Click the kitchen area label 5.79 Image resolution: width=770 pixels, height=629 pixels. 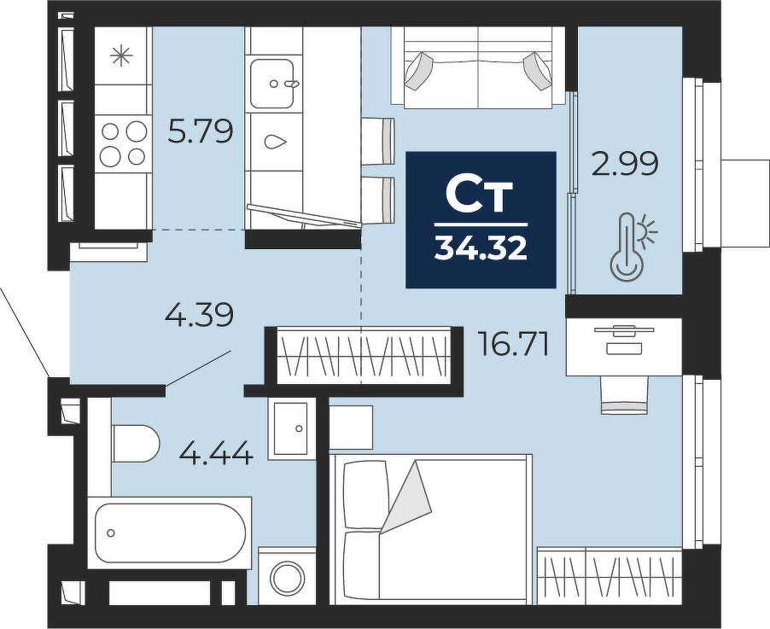click(200, 131)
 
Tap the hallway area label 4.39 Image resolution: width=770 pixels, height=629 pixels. click(199, 315)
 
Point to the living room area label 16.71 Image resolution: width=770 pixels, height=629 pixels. click(513, 344)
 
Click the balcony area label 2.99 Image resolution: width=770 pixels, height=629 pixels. click(625, 164)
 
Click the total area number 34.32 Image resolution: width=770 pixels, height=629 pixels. click(481, 248)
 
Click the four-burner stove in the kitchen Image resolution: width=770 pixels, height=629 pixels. click(122, 143)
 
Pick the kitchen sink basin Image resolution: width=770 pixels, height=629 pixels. click(272, 84)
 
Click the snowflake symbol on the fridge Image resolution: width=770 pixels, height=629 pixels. click(121, 55)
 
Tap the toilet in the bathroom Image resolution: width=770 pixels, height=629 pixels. click(135, 444)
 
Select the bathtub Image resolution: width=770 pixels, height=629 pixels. click(170, 533)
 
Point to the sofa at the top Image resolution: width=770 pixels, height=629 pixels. click(478, 67)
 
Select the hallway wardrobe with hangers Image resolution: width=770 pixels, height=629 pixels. click(363, 356)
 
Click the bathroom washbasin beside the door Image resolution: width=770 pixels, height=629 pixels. click(291, 428)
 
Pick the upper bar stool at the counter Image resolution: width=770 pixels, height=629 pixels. click(379, 141)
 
